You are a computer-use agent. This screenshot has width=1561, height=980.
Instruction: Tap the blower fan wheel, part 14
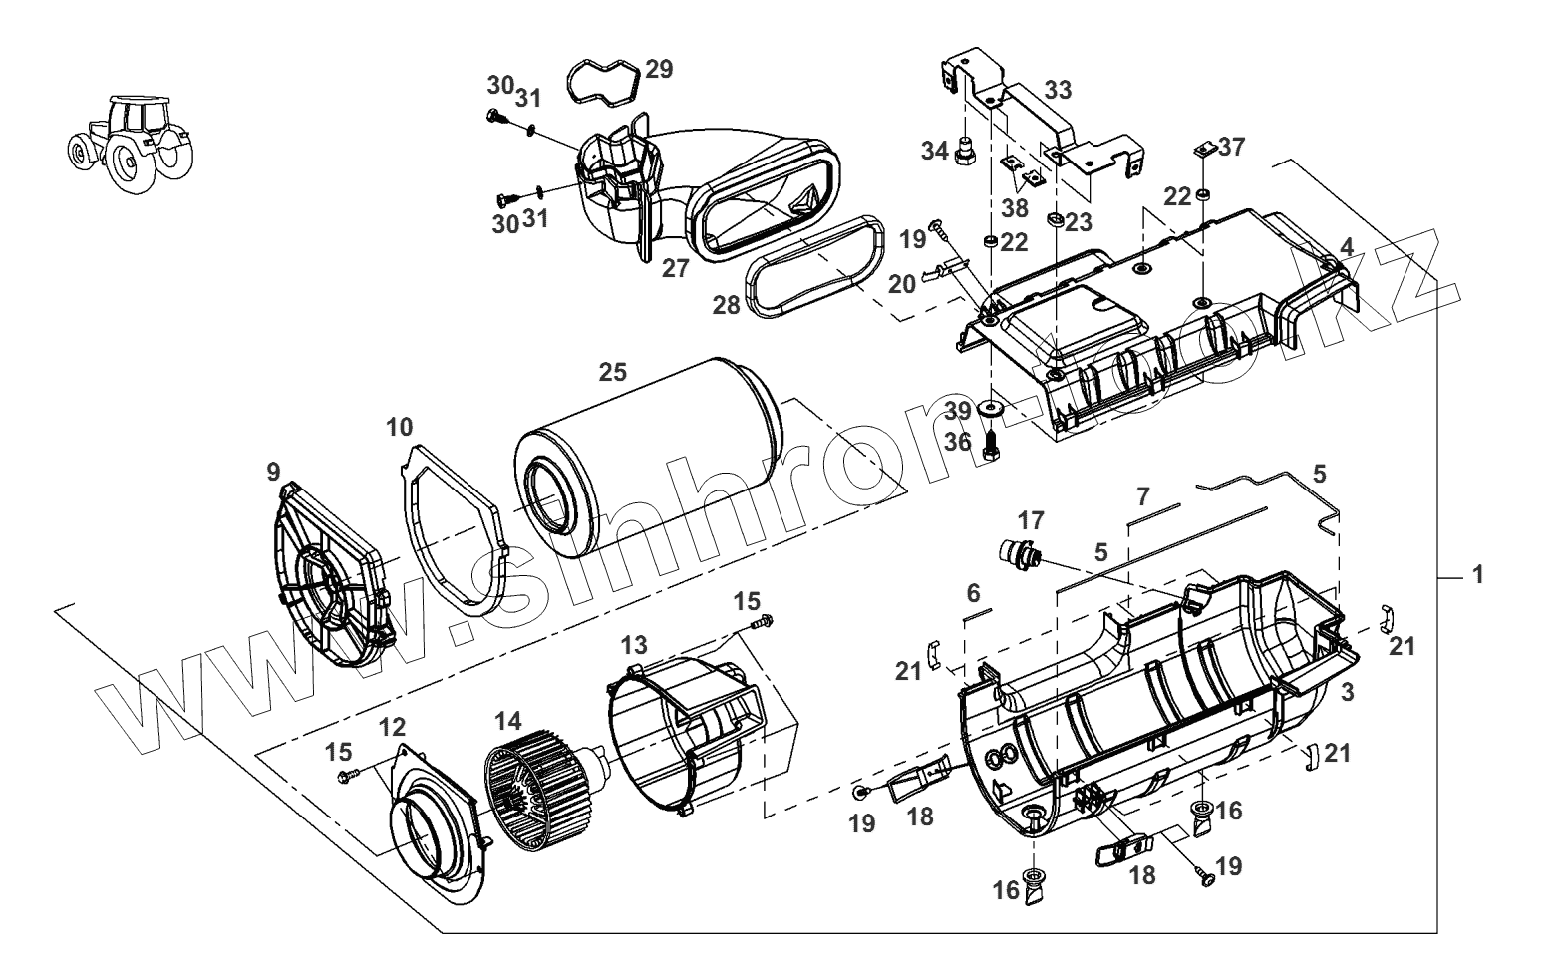(x=533, y=803)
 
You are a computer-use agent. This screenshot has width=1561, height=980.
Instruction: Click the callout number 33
(x=1058, y=90)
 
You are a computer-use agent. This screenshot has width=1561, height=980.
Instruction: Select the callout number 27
(x=676, y=268)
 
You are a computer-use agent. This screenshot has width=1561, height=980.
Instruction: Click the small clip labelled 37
(x=1202, y=151)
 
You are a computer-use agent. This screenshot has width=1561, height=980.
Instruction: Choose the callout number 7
(x=1142, y=495)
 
